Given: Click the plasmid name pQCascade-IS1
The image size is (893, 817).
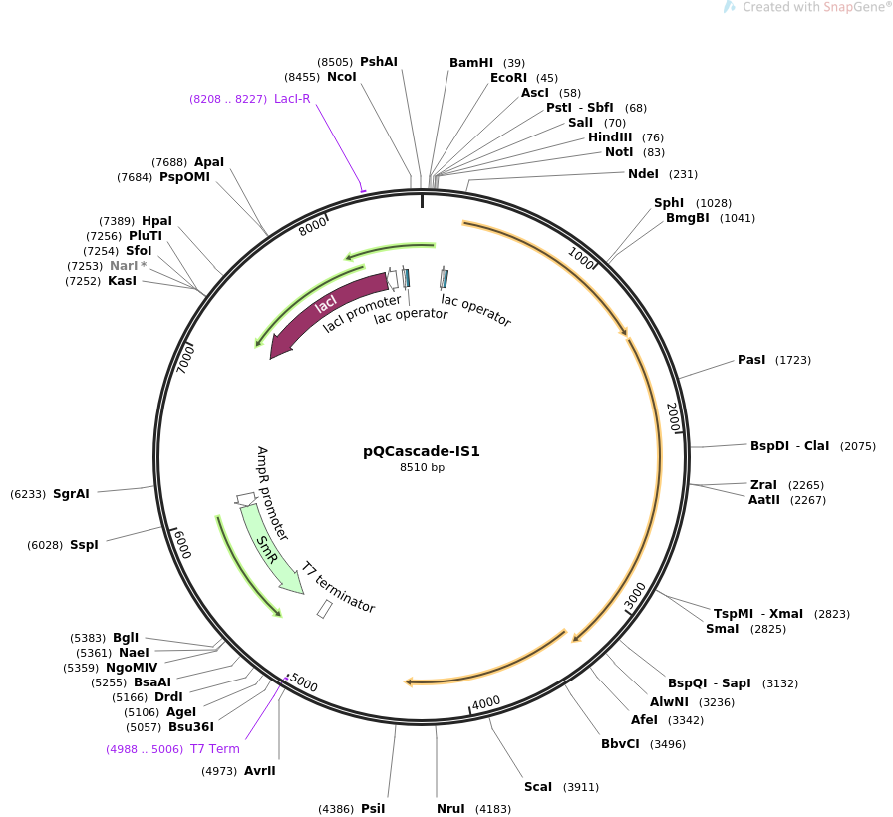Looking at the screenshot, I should tap(422, 451).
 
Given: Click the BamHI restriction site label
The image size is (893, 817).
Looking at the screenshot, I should tap(471, 63).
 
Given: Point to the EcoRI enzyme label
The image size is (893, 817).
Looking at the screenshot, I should tap(508, 78).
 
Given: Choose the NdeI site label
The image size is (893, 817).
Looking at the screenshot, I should tap(643, 174).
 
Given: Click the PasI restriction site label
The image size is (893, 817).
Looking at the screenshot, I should tap(751, 359).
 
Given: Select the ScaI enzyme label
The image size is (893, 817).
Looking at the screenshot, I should tap(538, 787).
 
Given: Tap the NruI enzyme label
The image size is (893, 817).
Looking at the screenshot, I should tap(450, 809).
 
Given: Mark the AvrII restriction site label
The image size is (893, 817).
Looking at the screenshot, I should tap(260, 771).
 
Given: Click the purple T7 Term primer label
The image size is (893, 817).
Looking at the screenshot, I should tap(215, 749).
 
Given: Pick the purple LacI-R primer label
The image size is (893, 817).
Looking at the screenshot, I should tap(292, 99).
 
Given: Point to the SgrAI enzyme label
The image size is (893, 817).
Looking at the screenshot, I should tap(71, 494).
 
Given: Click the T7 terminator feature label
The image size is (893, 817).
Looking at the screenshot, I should tap(339, 587).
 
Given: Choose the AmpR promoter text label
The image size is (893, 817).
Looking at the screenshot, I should tap(273, 493).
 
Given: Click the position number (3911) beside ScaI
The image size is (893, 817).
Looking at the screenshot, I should tap(581, 787).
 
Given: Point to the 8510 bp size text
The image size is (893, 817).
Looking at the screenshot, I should tap(422, 467).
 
